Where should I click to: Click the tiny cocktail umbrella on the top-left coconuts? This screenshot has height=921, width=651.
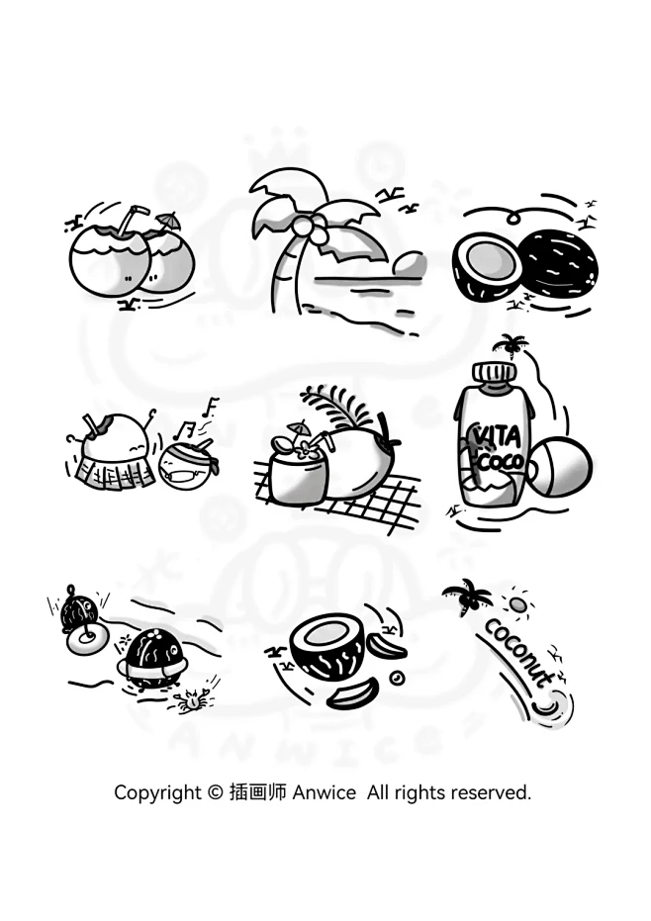pyautogui.click(x=168, y=222)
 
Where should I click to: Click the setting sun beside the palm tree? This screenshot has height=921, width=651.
pyautogui.click(x=409, y=264)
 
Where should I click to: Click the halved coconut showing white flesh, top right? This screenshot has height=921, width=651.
pyautogui.click(x=487, y=265)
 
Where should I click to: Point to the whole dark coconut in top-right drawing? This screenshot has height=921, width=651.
pyautogui.click(x=560, y=266)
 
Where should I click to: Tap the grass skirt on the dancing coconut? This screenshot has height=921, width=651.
pyautogui.click(x=116, y=472)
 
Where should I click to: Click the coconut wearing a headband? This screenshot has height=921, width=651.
pyautogui.click(x=187, y=464)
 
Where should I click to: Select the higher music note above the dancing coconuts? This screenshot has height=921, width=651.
pyautogui.click(x=211, y=407)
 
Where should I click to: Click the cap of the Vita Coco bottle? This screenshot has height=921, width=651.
pyautogui.click(x=495, y=372)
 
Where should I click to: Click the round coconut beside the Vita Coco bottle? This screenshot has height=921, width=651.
pyautogui.click(x=559, y=467)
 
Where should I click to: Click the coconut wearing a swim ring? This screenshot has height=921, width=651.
pyautogui.click(x=152, y=659)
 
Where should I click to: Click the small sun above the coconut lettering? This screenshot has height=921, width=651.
pyautogui.click(x=517, y=603)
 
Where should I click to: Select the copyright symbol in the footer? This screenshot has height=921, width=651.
pyautogui.click(x=216, y=793)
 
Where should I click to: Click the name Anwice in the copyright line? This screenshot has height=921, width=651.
pyautogui.click(x=324, y=792)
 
